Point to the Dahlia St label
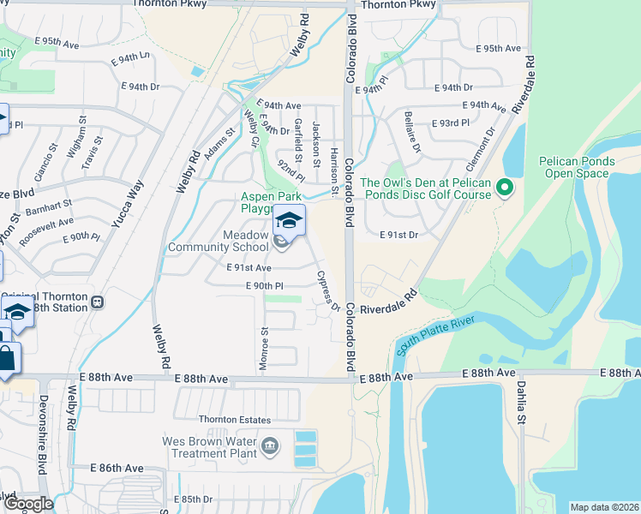click(520, 403)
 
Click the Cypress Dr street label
click(328, 290)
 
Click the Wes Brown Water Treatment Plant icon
click(270, 445)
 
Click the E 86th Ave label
click(117, 469)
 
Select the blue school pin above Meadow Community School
click(289, 221)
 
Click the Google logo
click(28, 505)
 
